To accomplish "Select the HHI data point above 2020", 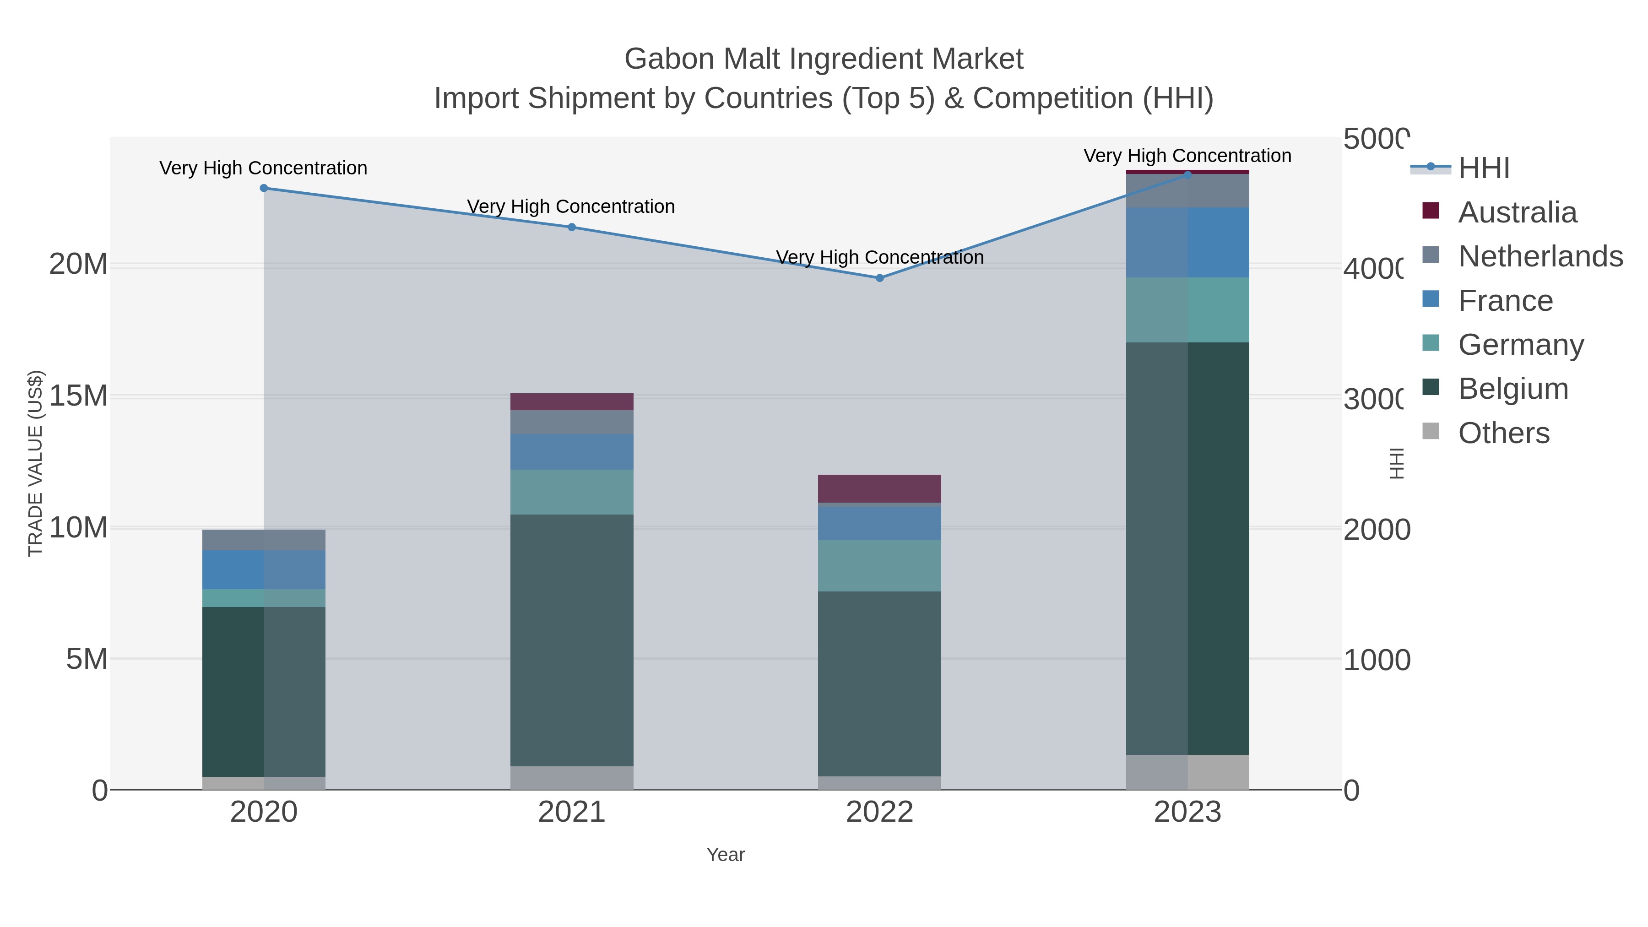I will tap(264, 188).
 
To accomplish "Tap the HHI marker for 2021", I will tap(571, 227).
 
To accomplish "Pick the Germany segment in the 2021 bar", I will tap(571, 492).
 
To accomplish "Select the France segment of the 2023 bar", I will tap(1187, 243).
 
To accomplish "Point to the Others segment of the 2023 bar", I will tap(1187, 772).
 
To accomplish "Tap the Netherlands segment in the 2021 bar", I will tap(571, 422).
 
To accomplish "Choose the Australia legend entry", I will tap(1517, 212).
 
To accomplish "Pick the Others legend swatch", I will tap(1431, 432).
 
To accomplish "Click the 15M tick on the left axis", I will tap(78, 396).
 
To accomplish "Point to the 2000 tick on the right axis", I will tap(1376, 530).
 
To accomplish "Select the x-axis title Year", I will tap(726, 855).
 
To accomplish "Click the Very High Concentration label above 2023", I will tap(1187, 156).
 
